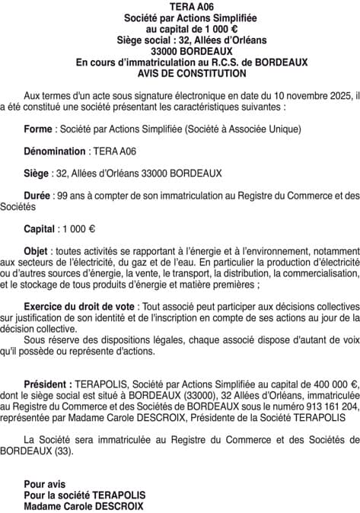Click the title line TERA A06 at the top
point(180,7)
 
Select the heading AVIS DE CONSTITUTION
point(180,73)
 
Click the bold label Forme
point(39,129)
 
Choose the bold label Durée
point(40,195)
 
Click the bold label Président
point(48,384)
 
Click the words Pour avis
point(45,484)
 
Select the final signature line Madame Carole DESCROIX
point(83,505)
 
